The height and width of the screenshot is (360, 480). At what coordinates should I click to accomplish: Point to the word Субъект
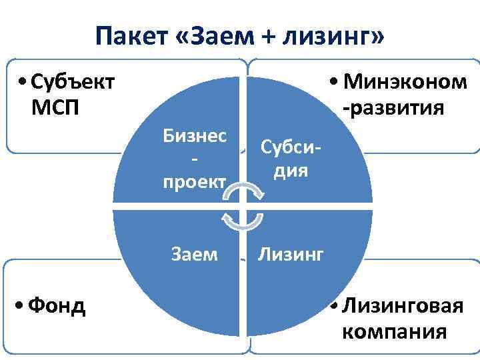tap(73, 83)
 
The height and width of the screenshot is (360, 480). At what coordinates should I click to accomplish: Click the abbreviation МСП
tap(55, 107)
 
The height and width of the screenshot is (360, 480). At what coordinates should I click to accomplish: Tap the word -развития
tap(393, 107)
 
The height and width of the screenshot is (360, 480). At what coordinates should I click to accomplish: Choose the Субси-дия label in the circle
tap(289, 159)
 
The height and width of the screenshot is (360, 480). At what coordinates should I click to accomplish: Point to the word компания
tap(394, 331)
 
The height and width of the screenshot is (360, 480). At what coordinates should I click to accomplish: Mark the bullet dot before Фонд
tap(23, 307)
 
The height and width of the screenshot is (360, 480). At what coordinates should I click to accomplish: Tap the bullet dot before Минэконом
tap(334, 84)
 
